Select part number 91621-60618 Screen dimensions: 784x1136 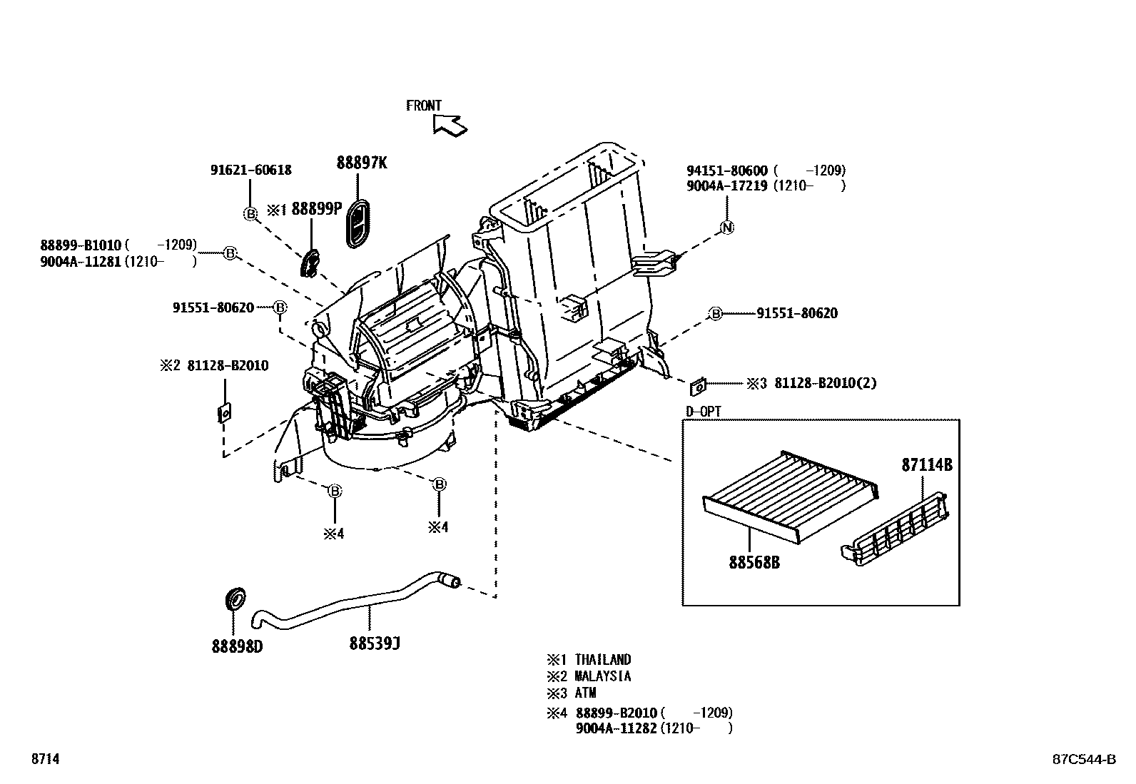point(250,170)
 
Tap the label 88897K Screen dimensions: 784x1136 point(362,163)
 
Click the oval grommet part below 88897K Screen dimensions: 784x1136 point(358,223)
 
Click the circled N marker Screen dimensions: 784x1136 point(727,228)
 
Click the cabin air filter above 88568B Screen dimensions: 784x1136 point(791,493)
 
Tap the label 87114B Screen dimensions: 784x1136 point(927,465)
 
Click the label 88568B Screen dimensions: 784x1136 point(754,563)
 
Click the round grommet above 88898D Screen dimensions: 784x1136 point(235,599)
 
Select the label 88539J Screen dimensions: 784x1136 point(374,643)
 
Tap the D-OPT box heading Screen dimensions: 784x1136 point(703,412)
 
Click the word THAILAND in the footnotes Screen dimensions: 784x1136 point(603,659)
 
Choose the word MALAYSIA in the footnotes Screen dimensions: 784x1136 point(603,676)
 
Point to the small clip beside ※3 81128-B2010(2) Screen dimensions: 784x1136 point(698,387)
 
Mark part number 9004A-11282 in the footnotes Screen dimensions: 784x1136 point(616,728)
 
